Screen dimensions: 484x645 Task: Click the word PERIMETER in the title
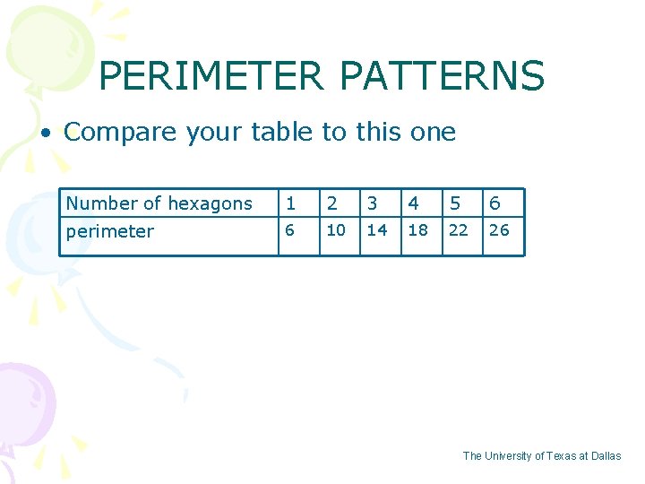coord(211,76)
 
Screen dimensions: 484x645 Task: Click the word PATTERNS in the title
coord(443,76)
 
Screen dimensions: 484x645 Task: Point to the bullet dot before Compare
coord(43,134)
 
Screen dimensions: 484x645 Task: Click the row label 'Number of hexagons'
coord(159,203)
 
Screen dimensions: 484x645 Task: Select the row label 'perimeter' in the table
coord(110,231)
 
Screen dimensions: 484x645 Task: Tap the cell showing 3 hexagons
coord(372,203)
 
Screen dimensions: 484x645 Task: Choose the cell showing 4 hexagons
coord(413,203)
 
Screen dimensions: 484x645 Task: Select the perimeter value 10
coord(336,229)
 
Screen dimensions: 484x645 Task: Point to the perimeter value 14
coord(377,229)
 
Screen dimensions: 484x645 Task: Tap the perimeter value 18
coord(417,229)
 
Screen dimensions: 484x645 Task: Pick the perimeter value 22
coord(458,229)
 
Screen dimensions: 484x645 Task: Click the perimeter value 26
coord(499,229)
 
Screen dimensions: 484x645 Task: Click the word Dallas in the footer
coord(605,456)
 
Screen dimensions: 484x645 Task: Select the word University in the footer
coord(507,456)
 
